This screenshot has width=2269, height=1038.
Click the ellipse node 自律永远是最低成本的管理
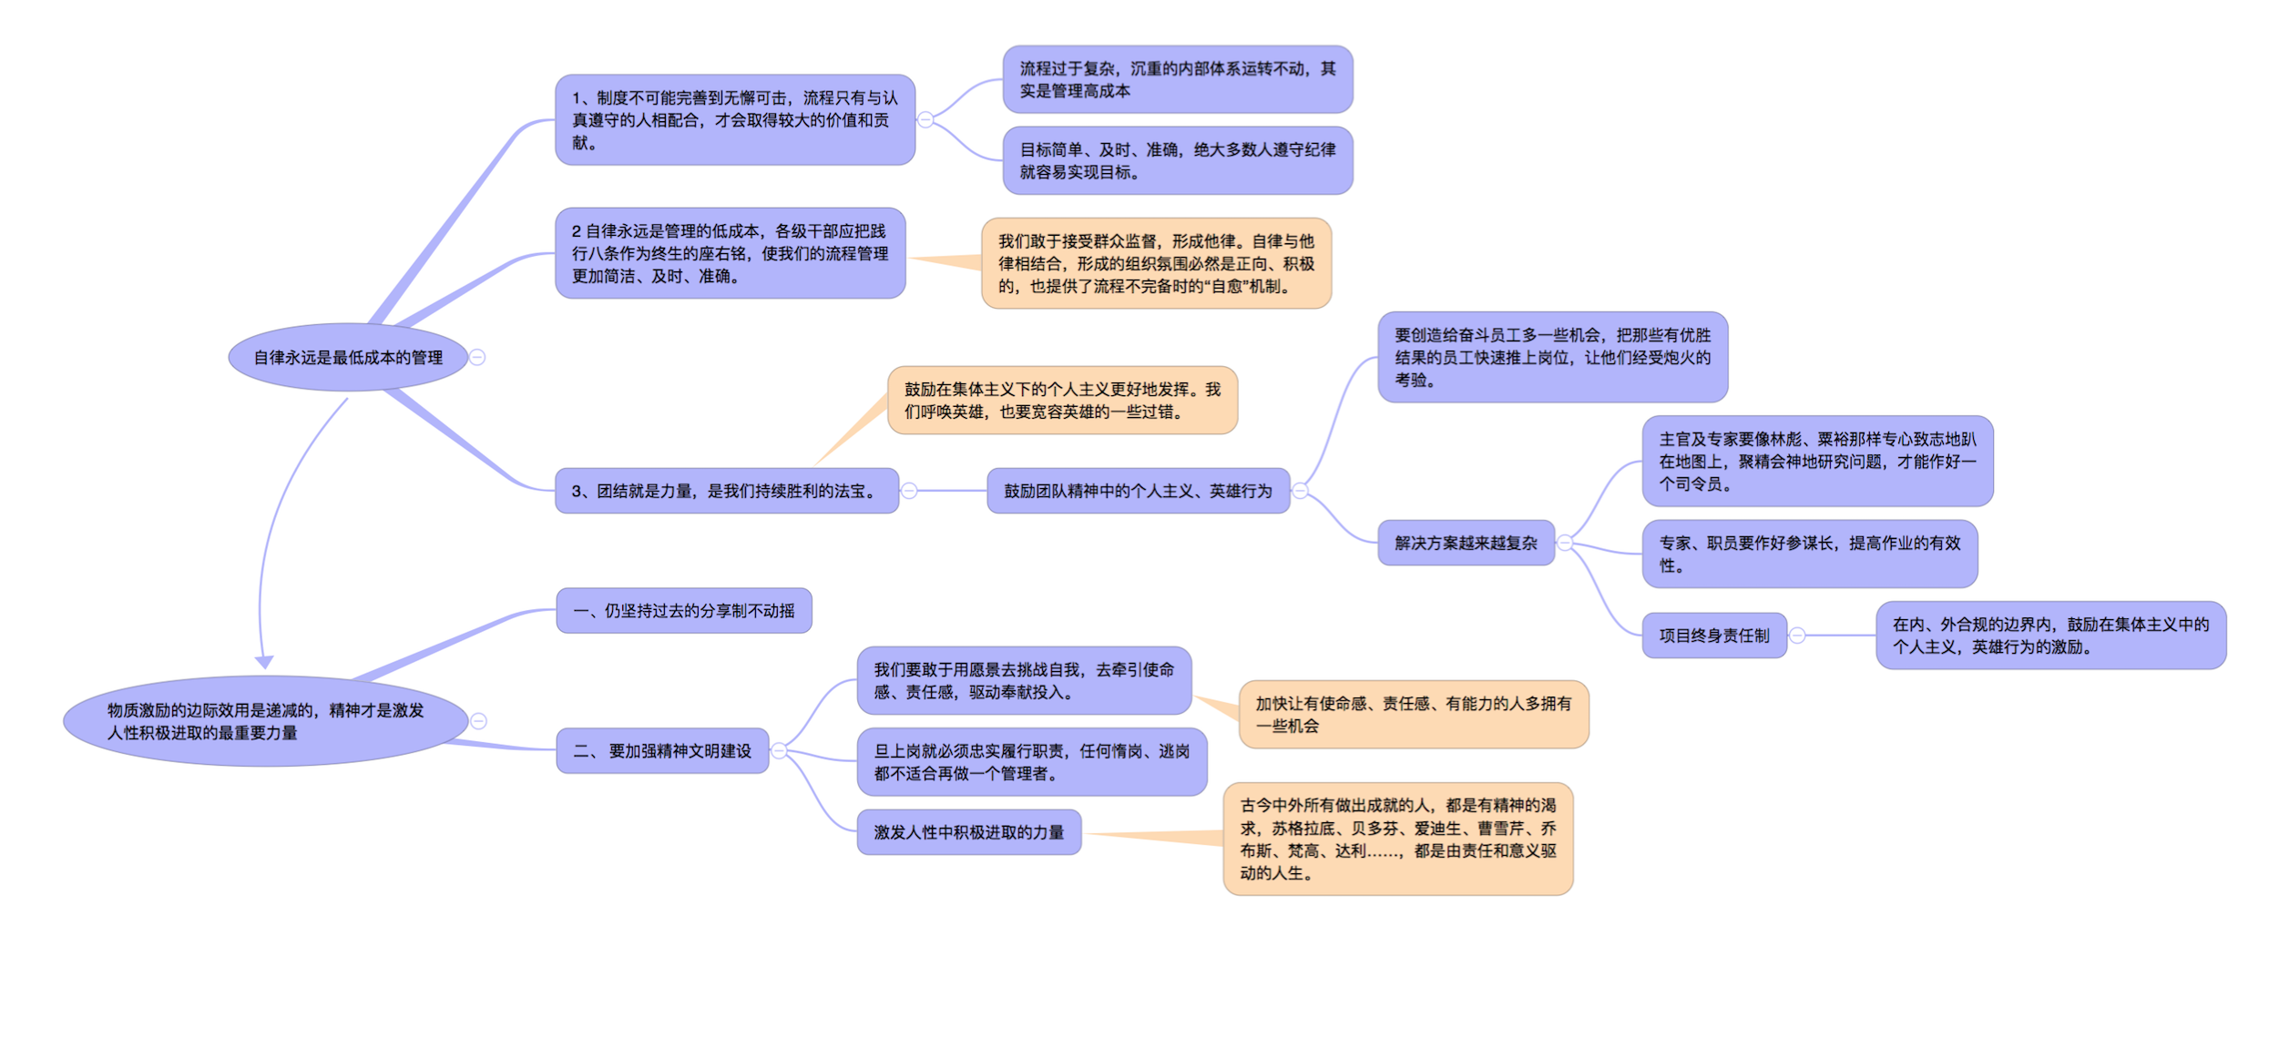point(348,357)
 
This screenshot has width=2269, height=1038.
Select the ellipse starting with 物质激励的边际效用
point(265,721)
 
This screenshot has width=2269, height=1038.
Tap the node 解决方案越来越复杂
point(1466,543)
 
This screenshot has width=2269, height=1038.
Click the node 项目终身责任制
point(1713,636)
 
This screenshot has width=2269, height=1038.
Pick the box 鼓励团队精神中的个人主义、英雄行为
point(1138,491)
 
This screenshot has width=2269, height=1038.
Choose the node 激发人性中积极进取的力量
point(968,832)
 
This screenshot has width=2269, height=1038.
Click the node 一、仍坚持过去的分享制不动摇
point(683,610)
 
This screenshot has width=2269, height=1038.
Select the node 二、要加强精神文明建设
point(662,750)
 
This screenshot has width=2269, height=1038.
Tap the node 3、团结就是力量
point(726,491)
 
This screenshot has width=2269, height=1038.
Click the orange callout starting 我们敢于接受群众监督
point(1156,263)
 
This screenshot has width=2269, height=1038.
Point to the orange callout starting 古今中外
point(1397,839)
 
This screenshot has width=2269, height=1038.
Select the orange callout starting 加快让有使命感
point(1413,715)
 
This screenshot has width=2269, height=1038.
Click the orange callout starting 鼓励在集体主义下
point(1062,401)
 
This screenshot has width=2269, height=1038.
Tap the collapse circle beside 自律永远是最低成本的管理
point(477,357)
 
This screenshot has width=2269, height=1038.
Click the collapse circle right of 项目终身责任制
point(1797,636)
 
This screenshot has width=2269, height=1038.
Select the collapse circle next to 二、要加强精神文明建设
point(779,750)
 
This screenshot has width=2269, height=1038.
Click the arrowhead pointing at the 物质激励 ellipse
point(264,662)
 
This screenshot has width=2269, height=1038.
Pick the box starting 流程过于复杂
point(1177,79)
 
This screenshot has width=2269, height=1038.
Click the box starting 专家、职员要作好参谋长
point(1809,554)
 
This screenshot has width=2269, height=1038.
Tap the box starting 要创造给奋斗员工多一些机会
point(1552,357)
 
